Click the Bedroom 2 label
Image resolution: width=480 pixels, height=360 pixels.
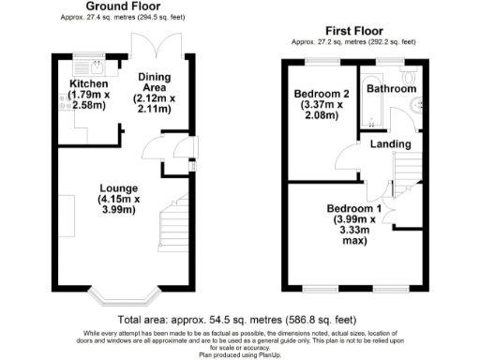[x=321, y=95]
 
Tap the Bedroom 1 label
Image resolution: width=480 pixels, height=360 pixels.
[x=353, y=208]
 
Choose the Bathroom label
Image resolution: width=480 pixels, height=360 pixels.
[x=392, y=89]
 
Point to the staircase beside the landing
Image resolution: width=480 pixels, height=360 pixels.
[x=405, y=173]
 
